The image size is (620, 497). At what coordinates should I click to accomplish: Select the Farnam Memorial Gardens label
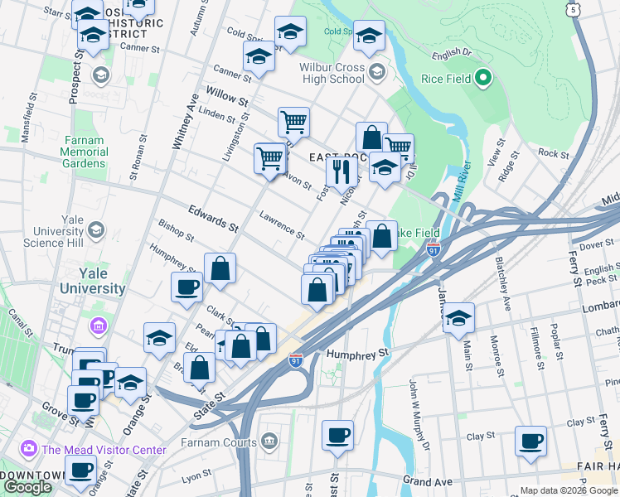[x=83, y=152]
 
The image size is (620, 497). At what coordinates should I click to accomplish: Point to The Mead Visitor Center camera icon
[x=29, y=449]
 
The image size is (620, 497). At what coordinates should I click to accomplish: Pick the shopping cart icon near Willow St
[x=293, y=121]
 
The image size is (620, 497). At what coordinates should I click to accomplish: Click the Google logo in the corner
[x=27, y=487]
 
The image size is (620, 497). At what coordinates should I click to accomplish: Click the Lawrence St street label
[x=282, y=224]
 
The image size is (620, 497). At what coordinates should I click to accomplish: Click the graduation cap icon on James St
[x=458, y=317]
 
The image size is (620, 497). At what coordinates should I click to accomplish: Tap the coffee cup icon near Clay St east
[x=530, y=441]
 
